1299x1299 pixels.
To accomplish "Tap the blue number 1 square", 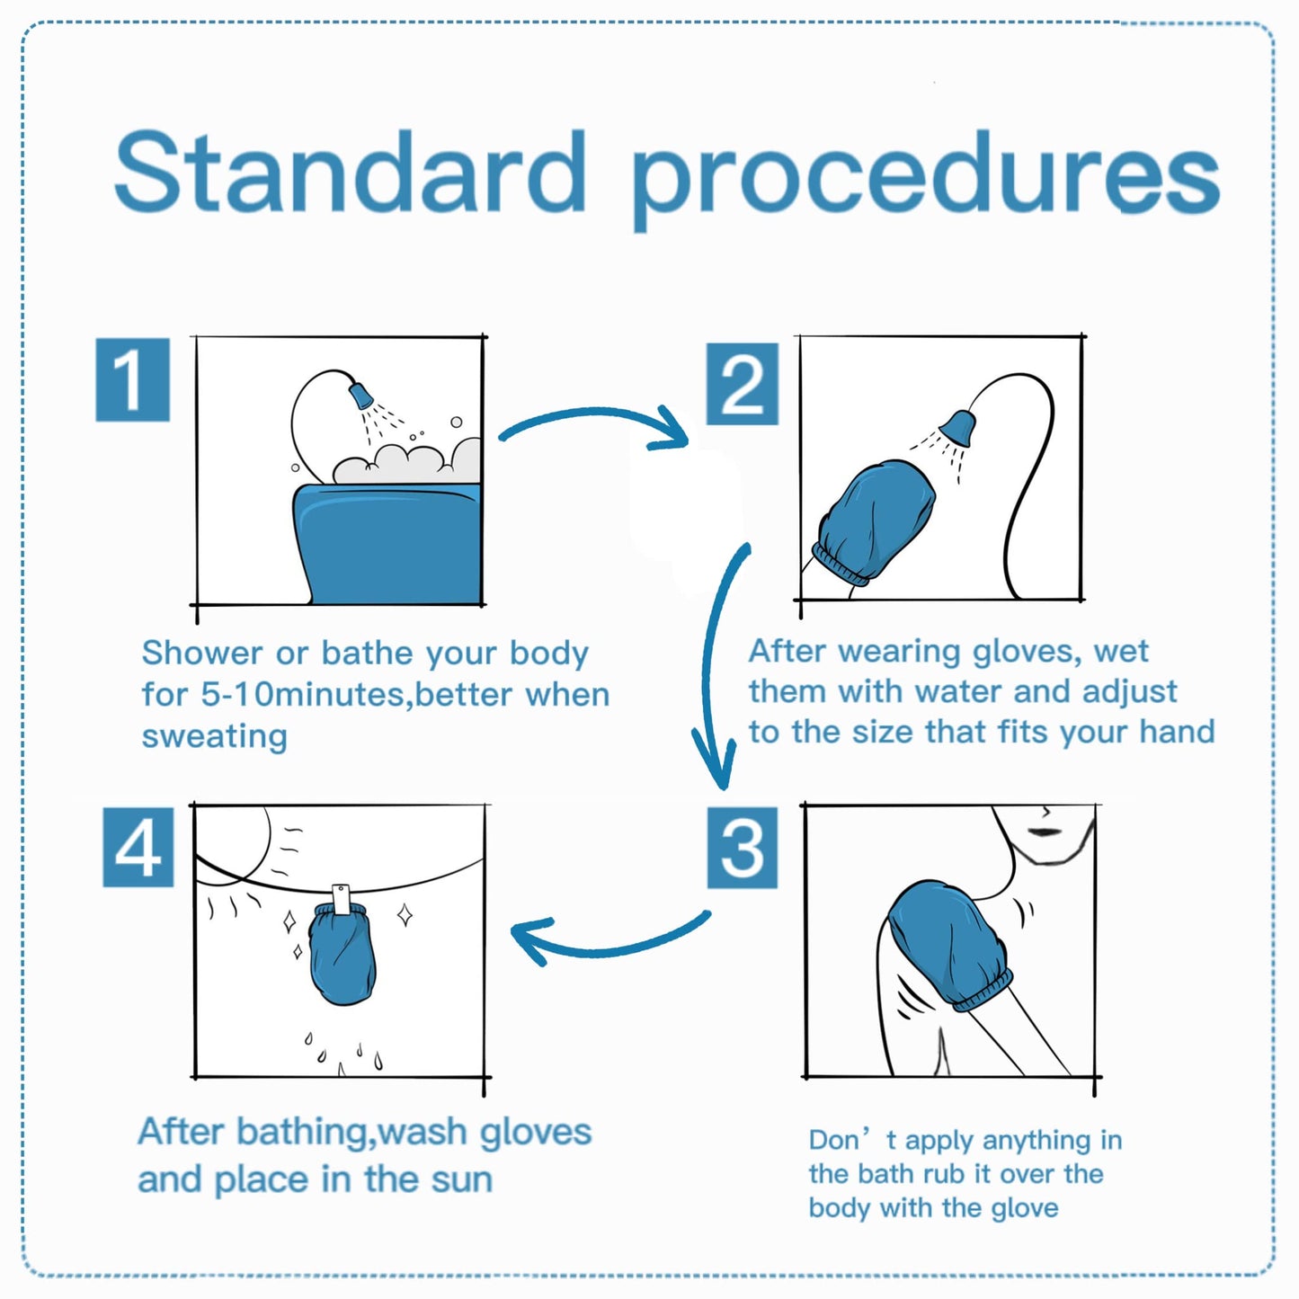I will (x=132, y=379).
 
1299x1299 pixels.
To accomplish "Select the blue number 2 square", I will (x=742, y=384).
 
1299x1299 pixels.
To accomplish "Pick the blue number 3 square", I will (x=742, y=847).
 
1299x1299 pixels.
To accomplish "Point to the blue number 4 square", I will (x=138, y=847).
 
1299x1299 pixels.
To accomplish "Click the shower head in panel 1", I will (x=360, y=395).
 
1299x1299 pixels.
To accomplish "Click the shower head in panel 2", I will (x=958, y=427).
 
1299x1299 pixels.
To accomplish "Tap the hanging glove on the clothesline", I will (x=342, y=957).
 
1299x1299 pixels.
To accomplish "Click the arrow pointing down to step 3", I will (x=719, y=665).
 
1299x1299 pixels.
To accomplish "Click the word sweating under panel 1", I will (x=214, y=736).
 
